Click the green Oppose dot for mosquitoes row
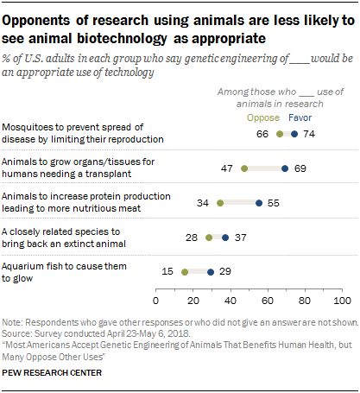point(279,134)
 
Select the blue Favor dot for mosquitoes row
point(294,134)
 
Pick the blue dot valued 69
point(284,168)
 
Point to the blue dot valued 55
point(258,203)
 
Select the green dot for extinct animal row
point(208,237)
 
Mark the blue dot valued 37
point(225,237)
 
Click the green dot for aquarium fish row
point(184,271)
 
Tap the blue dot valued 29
point(210,271)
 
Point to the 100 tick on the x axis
point(340,300)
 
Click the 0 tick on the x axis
point(156,300)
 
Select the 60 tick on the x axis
point(268,300)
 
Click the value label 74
point(309,134)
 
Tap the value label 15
point(168,271)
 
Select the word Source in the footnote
point(17,329)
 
